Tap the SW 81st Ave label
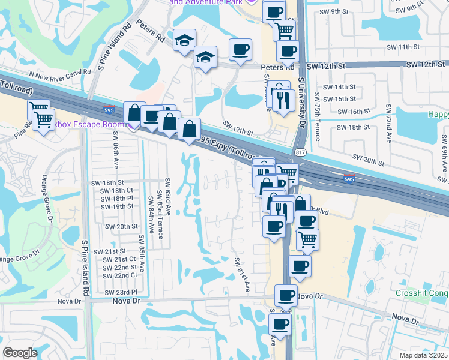tap(242, 275)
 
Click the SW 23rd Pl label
tap(121, 292)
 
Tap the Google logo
tap(20, 352)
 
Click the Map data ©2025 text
tap(423, 355)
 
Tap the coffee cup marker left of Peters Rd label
tap(240, 50)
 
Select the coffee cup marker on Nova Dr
tap(286, 295)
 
